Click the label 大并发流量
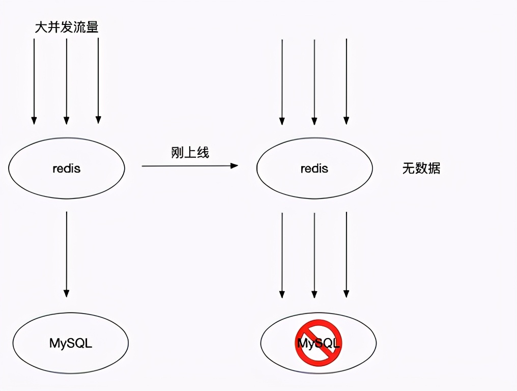[x=67, y=27]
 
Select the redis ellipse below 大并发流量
[x=67, y=169]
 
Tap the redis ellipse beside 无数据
[x=314, y=169]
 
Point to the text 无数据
[x=421, y=169]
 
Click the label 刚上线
[x=190, y=152]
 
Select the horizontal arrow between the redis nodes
[x=188, y=165]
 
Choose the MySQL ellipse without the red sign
[x=71, y=343]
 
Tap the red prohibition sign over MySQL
[x=319, y=343]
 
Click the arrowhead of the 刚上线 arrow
[x=234, y=165]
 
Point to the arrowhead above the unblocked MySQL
[x=67, y=293]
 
